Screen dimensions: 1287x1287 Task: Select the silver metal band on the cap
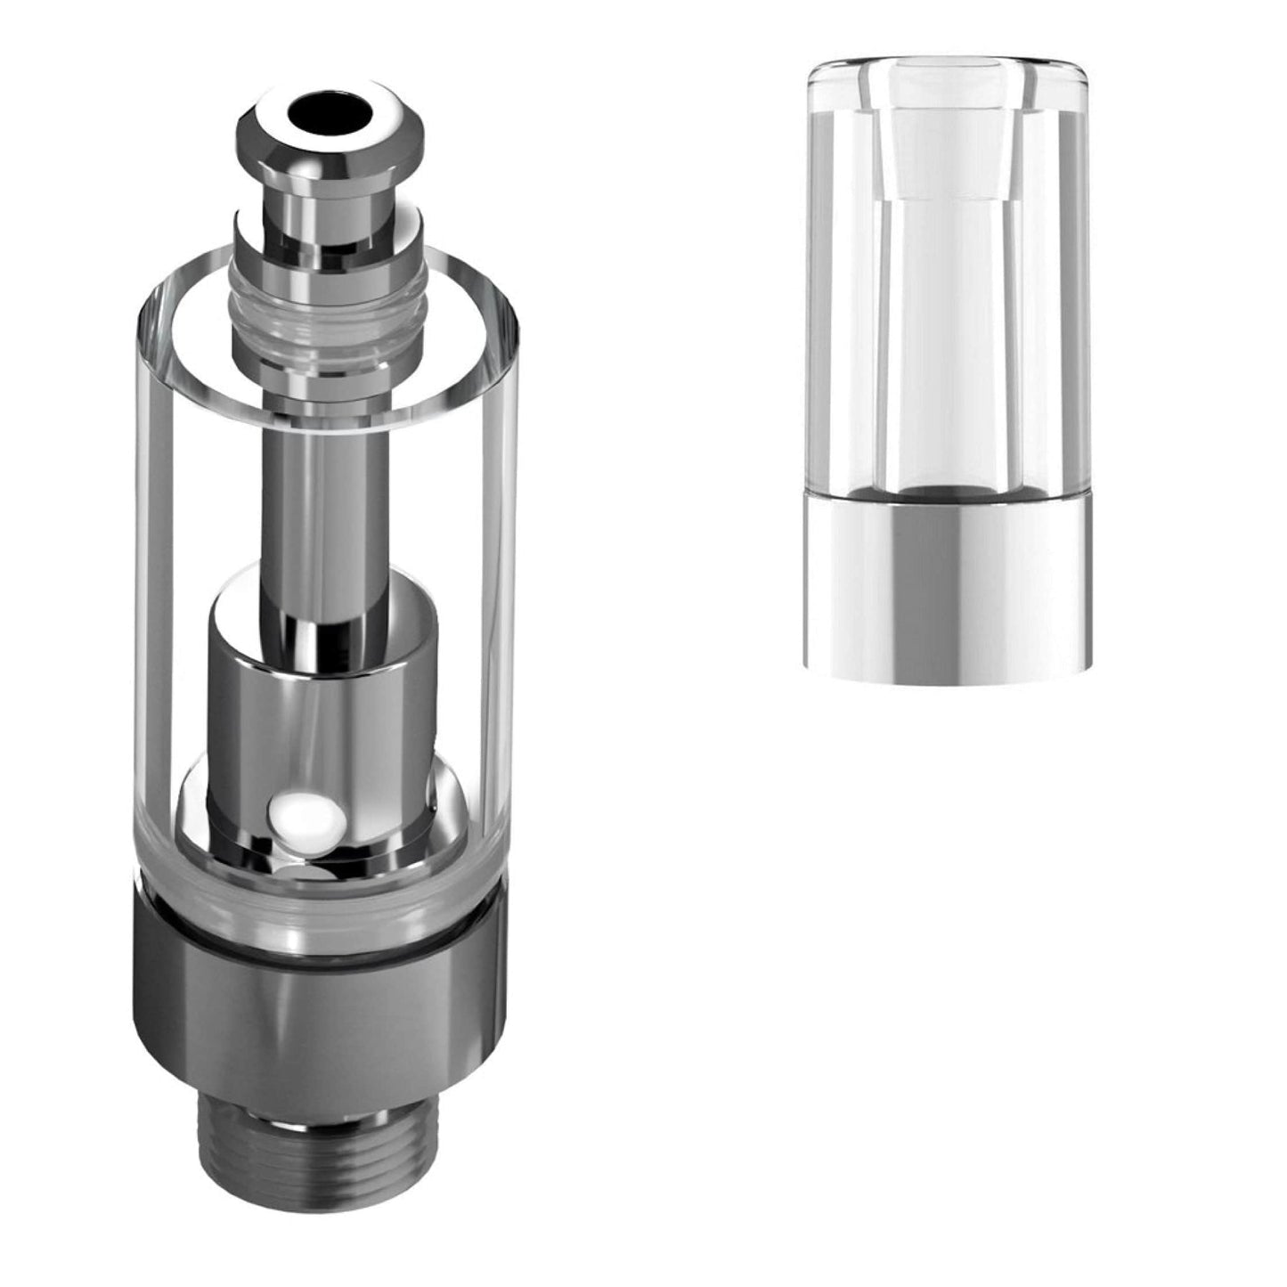[x=948, y=588]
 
